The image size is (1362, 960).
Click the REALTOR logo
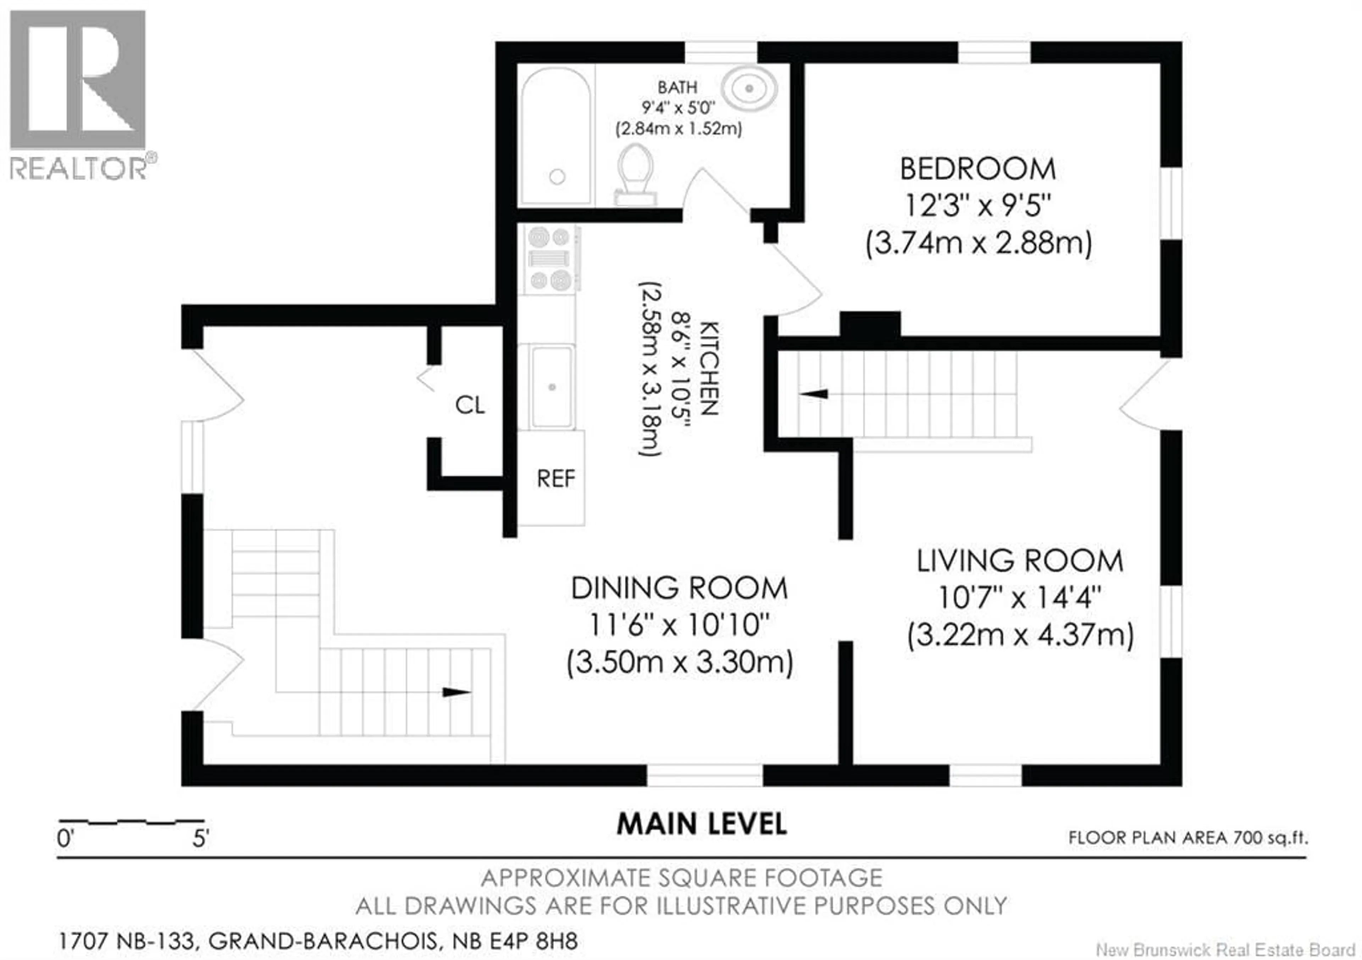coord(78,95)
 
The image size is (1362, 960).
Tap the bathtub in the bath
coord(556,136)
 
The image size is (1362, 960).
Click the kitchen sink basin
coord(552,387)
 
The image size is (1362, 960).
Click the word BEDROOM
coord(978,169)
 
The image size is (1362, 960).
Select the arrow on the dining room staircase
coord(457,692)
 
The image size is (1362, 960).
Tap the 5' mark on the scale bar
coord(200,838)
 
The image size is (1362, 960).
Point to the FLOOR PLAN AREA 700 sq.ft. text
coord(1187,838)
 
